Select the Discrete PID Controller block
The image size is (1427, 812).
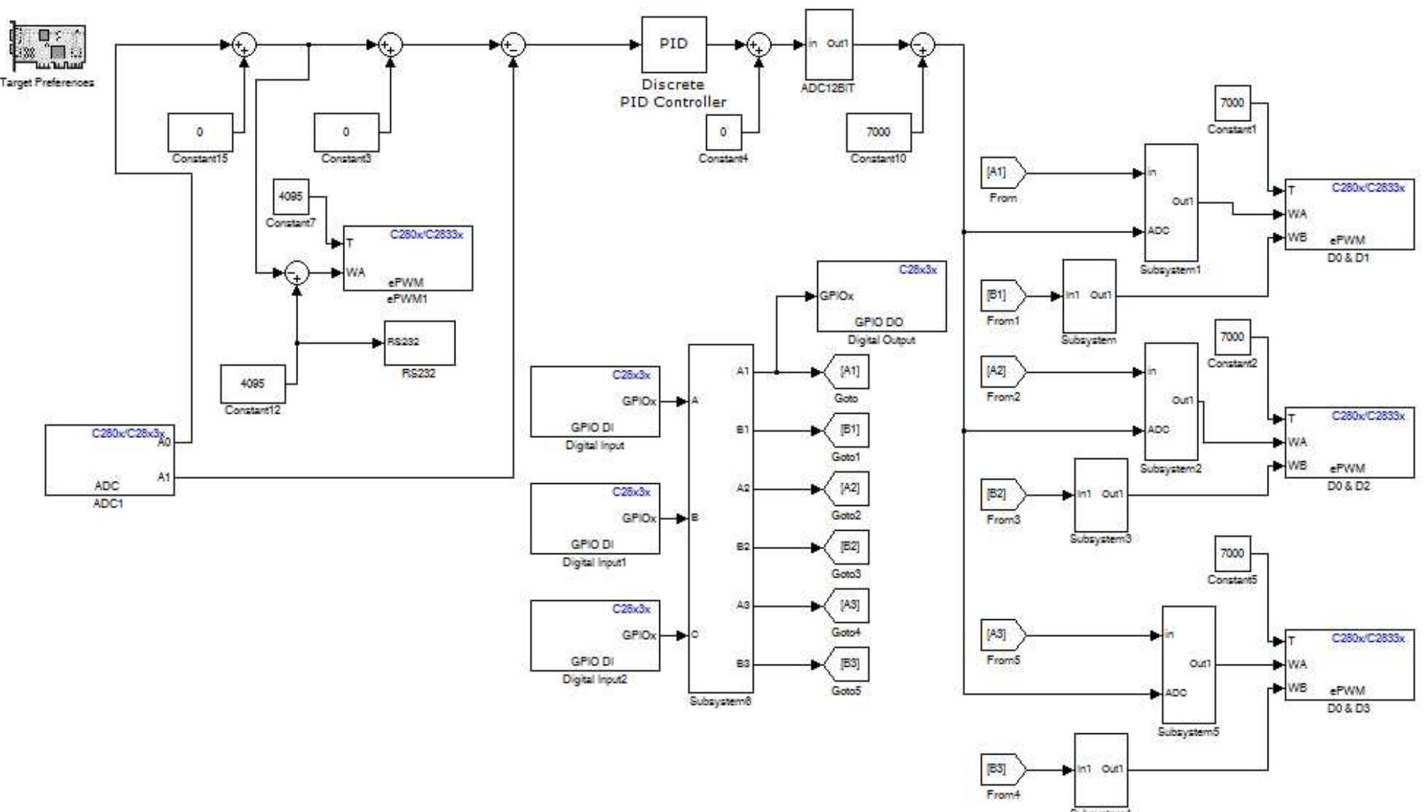673,44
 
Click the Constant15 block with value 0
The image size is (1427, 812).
200,132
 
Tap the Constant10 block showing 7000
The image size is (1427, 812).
878,132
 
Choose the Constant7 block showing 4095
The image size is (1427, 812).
290,196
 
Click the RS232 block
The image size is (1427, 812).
419,343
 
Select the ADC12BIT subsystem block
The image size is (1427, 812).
829,45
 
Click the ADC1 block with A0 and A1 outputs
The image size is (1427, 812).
109,460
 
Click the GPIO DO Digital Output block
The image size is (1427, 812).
881,296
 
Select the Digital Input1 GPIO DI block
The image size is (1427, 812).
595,518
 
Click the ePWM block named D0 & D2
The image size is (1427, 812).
1349,442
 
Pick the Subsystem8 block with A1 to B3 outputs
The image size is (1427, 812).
720,518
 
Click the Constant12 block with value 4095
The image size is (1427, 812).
253,383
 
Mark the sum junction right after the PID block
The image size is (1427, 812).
758,45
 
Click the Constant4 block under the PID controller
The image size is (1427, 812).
723,132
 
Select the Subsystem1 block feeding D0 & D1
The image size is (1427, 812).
1171,203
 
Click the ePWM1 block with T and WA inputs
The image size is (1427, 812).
407,258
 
